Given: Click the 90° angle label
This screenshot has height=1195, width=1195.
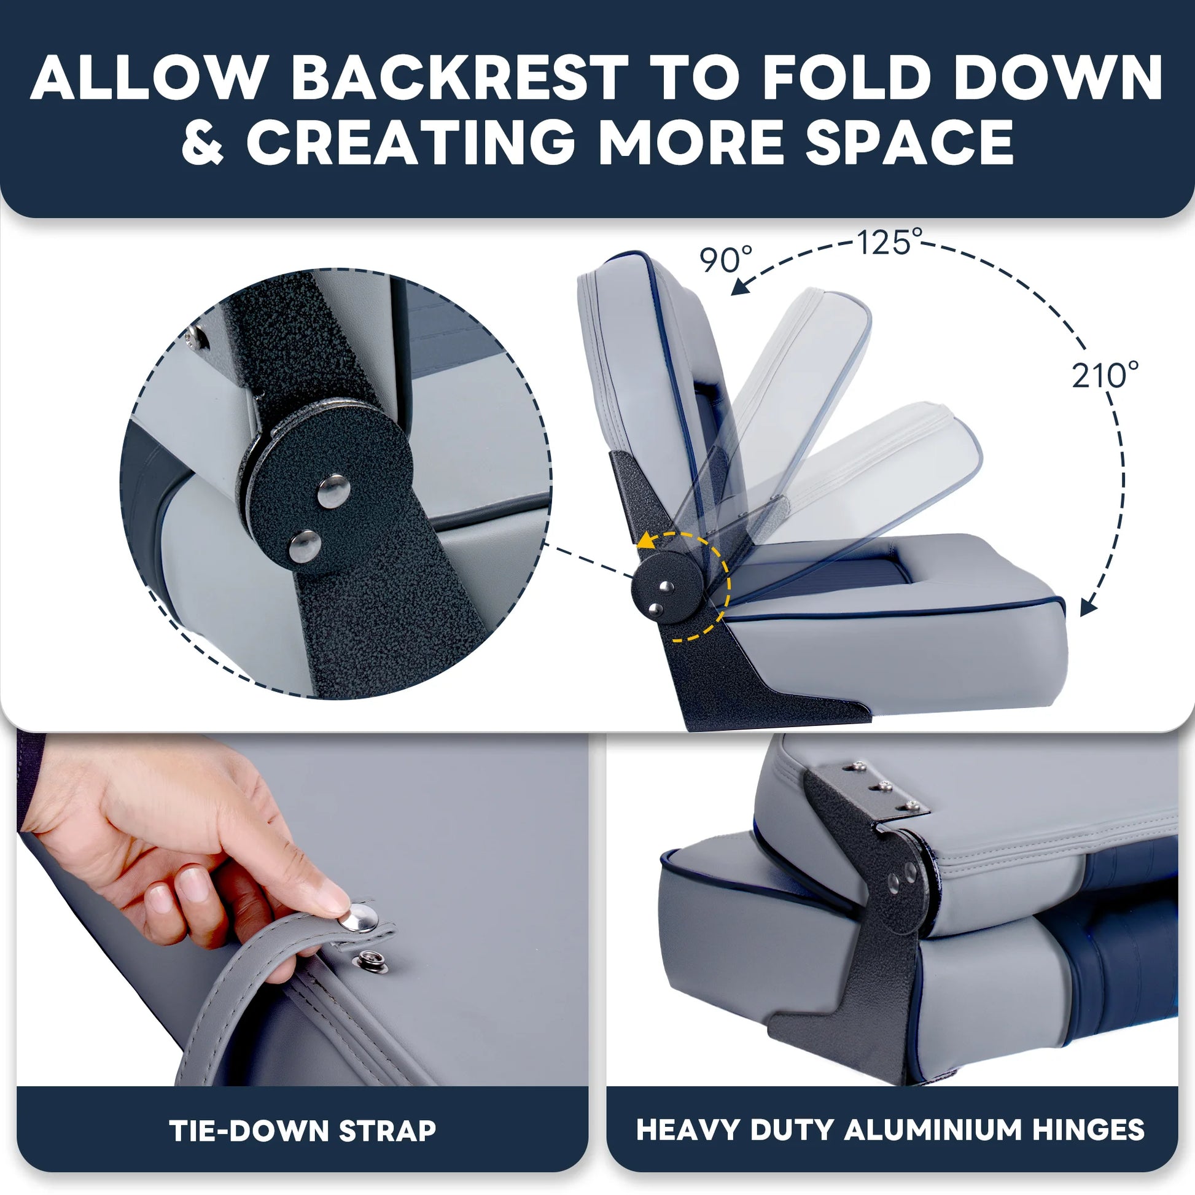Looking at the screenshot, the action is coord(726,259).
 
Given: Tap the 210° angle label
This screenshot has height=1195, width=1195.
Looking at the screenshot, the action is coord(1105,375).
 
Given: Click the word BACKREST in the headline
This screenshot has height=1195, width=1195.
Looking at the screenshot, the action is coord(459,78).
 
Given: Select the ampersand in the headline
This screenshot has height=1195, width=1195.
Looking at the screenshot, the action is coord(203,142).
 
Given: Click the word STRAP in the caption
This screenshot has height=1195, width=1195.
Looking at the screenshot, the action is coord(387,1130).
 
